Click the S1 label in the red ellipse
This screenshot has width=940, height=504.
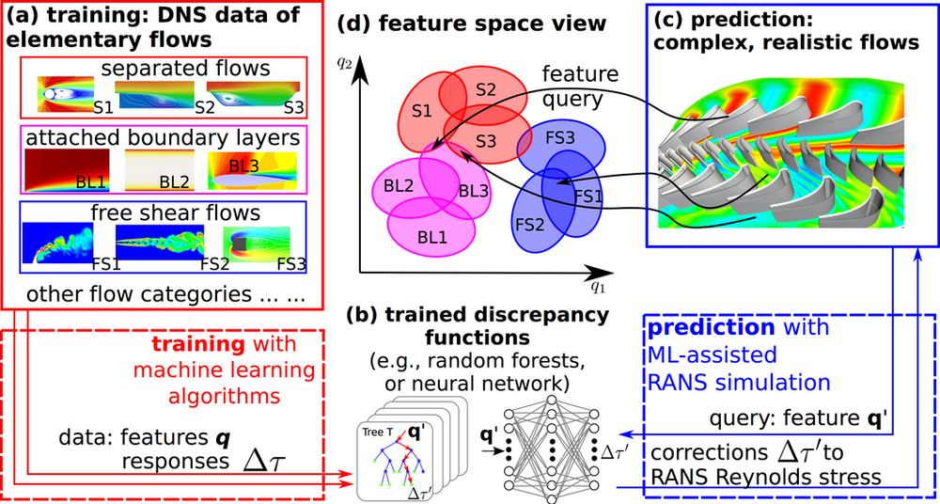421,112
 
